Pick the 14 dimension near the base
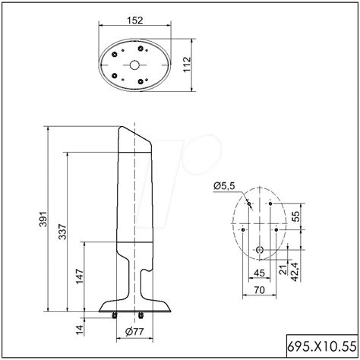(61, 329)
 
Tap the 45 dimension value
(259, 273)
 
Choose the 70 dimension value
(259, 290)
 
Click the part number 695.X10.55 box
(322, 346)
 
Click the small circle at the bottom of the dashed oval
(259, 250)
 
